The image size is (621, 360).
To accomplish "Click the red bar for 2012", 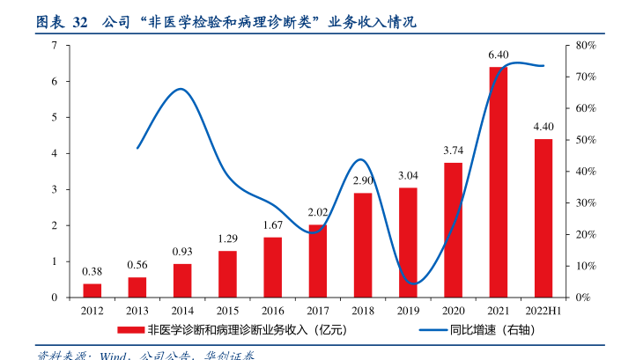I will tap(92, 290).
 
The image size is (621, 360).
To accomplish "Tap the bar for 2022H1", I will tap(543, 218).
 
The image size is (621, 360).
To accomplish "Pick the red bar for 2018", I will tap(363, 245).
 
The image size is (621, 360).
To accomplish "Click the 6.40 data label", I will tap(499, 55).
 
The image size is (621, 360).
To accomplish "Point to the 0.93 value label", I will tap(182, 252).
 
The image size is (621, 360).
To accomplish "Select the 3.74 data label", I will tap(454, 151).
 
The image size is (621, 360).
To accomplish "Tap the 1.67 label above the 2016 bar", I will tap(273, 225).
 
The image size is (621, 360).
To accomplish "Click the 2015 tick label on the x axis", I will tap(227, 312).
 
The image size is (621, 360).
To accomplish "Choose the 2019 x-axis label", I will tap(408, 312).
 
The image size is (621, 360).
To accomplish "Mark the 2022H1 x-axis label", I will tap(543, 312).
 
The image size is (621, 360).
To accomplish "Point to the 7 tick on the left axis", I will tap(55, 45).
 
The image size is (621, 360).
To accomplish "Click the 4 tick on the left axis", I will tap(55, 153).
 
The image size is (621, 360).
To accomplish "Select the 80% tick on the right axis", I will tap(587, 45).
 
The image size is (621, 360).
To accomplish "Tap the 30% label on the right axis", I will tap(587, 203).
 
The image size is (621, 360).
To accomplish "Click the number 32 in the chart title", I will tap(79, 21).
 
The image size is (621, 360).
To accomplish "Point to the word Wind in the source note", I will tap(114, 356).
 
